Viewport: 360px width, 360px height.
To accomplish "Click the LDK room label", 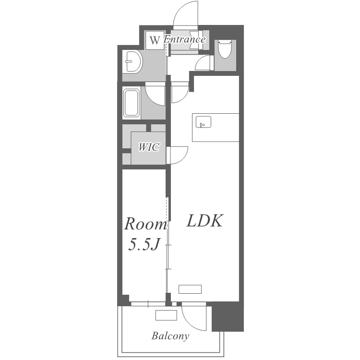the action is coord(204,221).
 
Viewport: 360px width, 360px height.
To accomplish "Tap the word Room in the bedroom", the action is coord(145,224).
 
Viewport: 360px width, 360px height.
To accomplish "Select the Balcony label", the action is coord(170,336).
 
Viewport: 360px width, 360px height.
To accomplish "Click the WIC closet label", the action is coord(148,147).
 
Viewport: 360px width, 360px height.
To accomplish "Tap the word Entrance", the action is coord(184,39).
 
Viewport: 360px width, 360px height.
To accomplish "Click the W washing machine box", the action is coord(155,40).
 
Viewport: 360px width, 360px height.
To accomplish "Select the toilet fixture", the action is coord(225,48).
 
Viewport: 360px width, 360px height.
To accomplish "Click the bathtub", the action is coord(132,103).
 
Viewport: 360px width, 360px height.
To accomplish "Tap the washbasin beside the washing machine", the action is coord(132,61).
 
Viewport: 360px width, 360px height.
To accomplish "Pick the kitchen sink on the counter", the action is coord(203,122).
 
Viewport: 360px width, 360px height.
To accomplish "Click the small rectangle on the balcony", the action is coord(166,315).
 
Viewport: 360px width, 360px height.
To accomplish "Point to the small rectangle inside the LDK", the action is coord(190,289).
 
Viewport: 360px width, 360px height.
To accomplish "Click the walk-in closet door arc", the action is coord(182,158).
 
